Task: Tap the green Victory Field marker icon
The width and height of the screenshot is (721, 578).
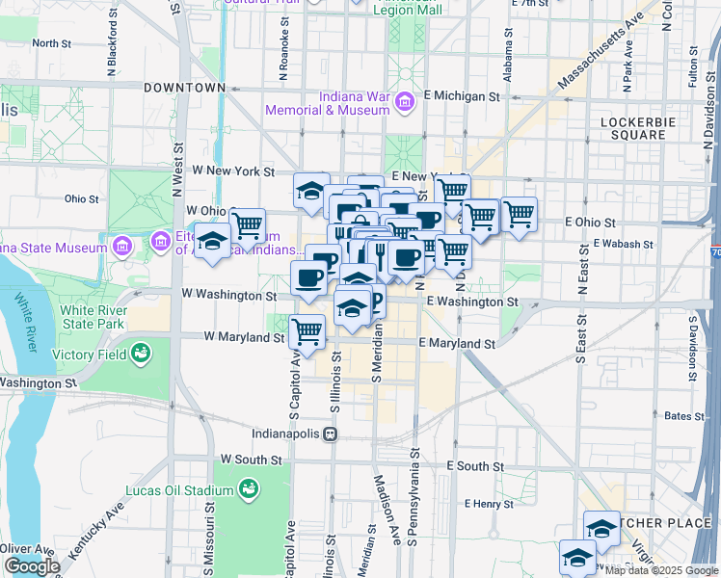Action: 142,354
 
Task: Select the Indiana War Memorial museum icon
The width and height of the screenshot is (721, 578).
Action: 406,101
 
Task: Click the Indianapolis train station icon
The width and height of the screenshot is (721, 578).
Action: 331,433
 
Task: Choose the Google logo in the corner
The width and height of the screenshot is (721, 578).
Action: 32,566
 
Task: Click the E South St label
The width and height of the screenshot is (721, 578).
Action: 474,466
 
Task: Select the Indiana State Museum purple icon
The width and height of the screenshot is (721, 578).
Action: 122,248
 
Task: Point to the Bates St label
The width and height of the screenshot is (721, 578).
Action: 684,416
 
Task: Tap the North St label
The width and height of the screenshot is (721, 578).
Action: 51,43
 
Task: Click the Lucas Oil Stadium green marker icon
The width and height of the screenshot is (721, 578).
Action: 250,488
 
